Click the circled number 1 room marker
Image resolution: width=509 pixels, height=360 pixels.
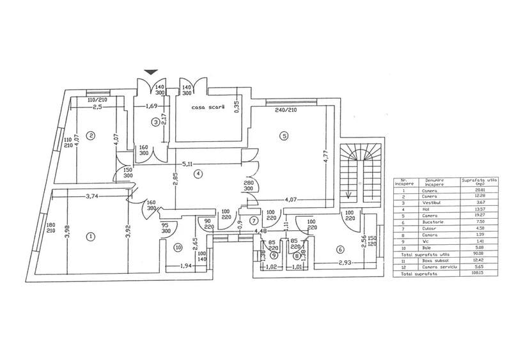pyautogui.click(x=91, y=236)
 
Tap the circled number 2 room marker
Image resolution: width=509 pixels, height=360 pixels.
pyautogui.click(x=91, y=135)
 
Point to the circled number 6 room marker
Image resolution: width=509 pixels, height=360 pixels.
pyautogui.click(x=340, y=249)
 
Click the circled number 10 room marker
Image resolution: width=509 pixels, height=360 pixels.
pyautogui.click(x=178, y=247)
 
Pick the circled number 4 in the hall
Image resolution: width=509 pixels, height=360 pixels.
pyautogui.click(x=199, y=173)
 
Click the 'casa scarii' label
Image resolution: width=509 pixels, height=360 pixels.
pyautogui.click(x=208, y=107)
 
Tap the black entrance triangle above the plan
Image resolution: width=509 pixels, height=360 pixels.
pyautogui.click(x=151, y=72)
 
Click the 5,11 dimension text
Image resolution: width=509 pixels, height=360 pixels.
pyautogui.click(x=187, y=163)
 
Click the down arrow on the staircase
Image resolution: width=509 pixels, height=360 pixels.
pyautogui.click(x=348, y=195)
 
